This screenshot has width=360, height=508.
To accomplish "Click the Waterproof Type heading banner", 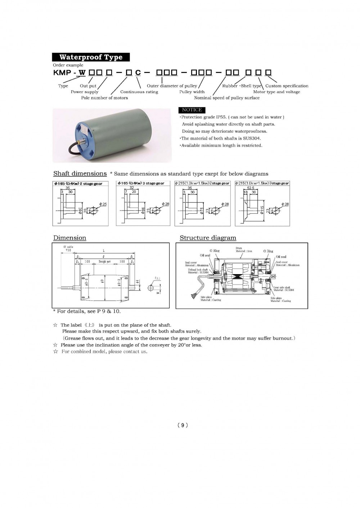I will click(x=91, y=57).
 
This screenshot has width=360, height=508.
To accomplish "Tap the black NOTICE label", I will click(x=192, y=110).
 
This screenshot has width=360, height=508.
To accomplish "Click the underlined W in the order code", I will click(x=82, y=72).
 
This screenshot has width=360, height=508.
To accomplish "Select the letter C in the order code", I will click(x=138, y=73).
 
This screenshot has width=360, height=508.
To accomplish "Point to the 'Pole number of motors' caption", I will click(x=104, y=98).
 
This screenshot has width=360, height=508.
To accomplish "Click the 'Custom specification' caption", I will click(x=287, y=86).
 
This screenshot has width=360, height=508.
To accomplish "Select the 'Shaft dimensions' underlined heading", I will click(x=80, y=173).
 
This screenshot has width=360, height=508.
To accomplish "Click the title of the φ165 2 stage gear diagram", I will click(x=78, y=183).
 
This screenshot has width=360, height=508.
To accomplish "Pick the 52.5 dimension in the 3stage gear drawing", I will click(x=251, y=188).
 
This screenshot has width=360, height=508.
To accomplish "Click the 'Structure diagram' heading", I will click(x=208, y=238).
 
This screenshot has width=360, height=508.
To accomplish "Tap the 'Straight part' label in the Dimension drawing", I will click(x=104, y=262).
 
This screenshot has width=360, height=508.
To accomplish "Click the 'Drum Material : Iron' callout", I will click(x=244, y=250).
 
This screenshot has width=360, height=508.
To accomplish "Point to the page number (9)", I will click(x=183, y=425).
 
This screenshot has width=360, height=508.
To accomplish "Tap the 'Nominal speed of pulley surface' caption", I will click(x=227, y=98).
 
